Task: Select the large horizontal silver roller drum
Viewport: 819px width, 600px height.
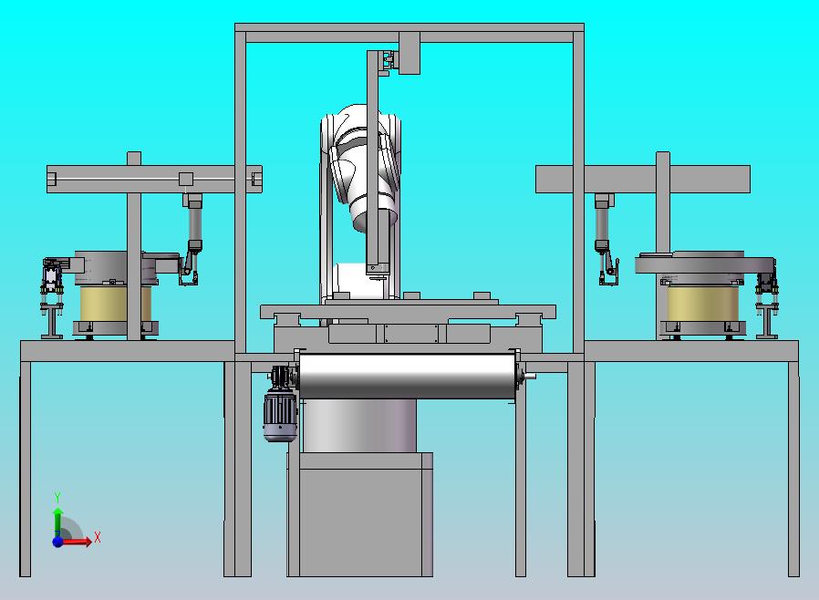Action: [407, 376]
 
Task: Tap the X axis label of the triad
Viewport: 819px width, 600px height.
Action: [98, 537]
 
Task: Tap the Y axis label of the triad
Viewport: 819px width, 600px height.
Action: [58, 497]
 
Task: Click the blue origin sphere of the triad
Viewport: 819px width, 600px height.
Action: [58, 542]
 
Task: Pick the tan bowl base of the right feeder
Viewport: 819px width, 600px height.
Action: [703, 304]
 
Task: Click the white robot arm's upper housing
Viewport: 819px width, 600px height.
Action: [360, 157]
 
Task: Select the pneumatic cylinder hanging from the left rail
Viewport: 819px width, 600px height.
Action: [193, 222]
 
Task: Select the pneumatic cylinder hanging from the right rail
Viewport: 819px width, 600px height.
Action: [603, 222]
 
